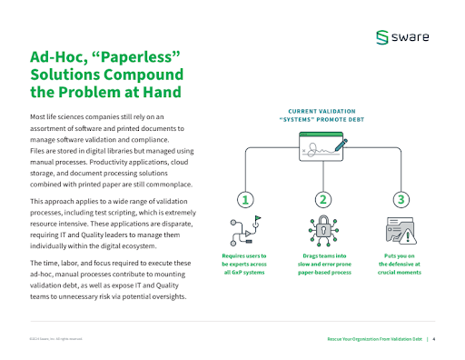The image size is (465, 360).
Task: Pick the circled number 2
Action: click(x=322, y=199)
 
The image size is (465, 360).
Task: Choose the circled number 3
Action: click(x=400, y=199)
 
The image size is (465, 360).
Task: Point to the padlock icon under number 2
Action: click(x=322, y=229)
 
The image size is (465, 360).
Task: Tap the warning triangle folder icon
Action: click(x=401, y=229)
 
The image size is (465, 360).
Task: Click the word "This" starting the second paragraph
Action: click(x=37, y=200)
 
